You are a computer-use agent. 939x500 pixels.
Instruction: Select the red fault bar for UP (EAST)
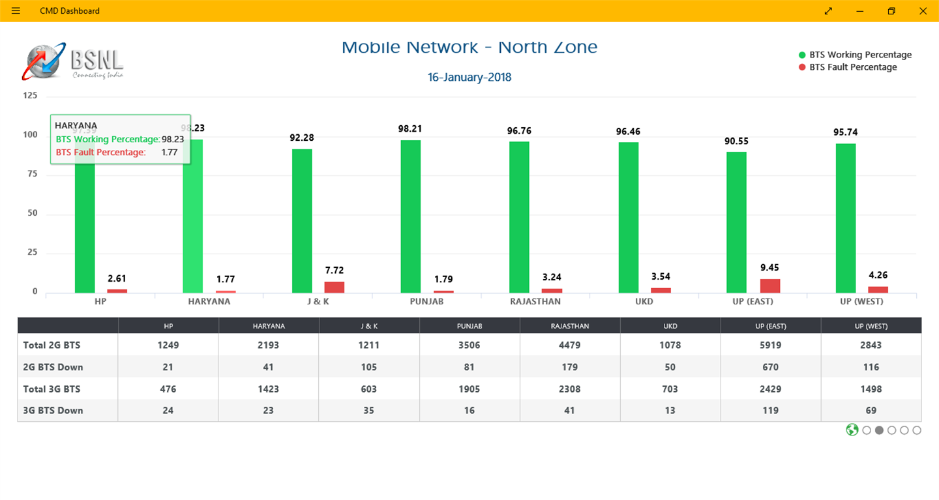coord(769,286)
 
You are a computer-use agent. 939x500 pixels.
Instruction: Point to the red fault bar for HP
coord(117,291)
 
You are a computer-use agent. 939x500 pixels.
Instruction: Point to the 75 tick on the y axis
coord(31,174)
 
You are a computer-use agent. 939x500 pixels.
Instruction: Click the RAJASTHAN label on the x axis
coord(535,301)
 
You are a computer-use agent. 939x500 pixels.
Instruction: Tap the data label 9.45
coord(769,267)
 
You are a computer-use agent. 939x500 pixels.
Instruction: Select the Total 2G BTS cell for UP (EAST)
coord(771,345)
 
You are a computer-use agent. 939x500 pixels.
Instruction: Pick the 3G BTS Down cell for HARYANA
coord(268,411)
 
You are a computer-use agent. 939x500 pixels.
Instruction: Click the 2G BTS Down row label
coord(53,367)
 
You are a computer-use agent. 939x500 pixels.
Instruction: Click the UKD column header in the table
coord(670,326)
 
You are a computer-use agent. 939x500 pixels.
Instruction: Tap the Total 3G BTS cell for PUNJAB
coord(469,389)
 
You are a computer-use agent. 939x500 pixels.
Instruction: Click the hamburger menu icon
coord(16,10)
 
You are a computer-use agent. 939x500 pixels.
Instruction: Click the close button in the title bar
coord(923,10)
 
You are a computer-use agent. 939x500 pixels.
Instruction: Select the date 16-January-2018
coord(469,78)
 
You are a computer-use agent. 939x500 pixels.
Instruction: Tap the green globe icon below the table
coord(852,430)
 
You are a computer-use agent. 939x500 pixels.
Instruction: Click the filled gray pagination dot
coord(879,430)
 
